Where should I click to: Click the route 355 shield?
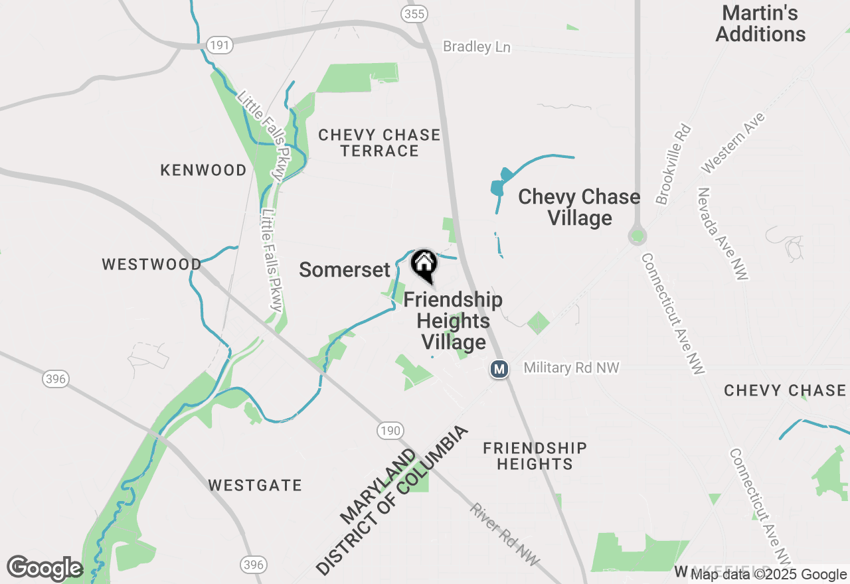[x=415, y=13]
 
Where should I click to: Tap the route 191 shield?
[x=219, y=45]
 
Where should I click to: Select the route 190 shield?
[x=390, y=431]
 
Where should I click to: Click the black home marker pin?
[x=424, y=265]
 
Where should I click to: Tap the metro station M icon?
[x=499, y=368]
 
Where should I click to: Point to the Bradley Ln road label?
[x=477, y=46]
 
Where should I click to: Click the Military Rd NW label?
[x=571, y=368]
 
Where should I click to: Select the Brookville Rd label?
[x=673, y=165]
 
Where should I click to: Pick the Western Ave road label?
[x=733, y=143]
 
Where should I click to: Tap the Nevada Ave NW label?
[x=722, y=234]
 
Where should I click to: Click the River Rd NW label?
[x=505, y=534]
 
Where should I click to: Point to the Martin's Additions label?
[x=760, y=23]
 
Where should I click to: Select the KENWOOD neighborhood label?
[x=203, y=171]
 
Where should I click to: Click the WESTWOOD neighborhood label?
[x=151, y=264]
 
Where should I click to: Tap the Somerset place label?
[x=345, y=269]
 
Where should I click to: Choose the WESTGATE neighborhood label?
[x=255, y=485]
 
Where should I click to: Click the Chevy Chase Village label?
[x=579, y=207]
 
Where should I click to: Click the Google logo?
[x=44, y=568]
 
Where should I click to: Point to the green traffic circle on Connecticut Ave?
[x=637, y=235]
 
